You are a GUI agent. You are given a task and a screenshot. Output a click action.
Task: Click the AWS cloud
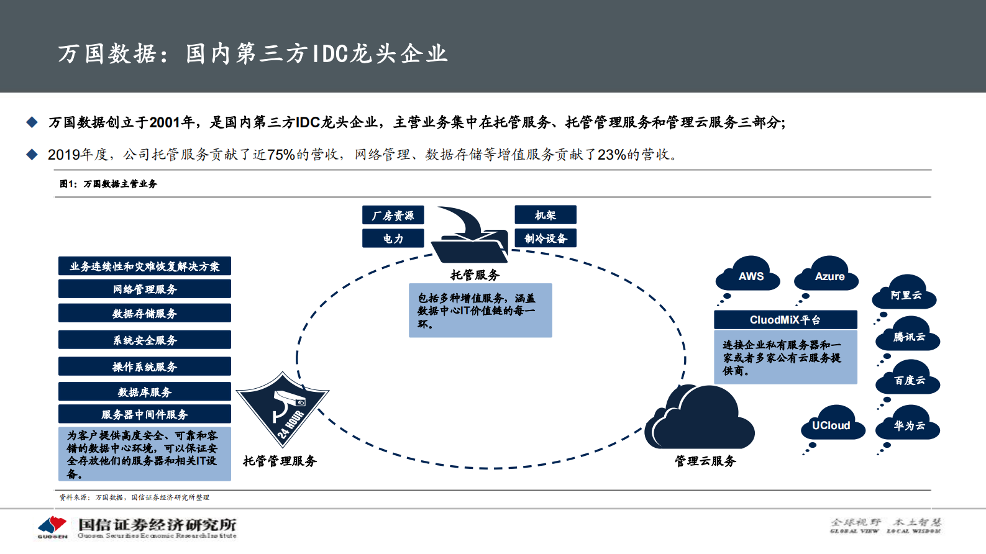pos(750,276)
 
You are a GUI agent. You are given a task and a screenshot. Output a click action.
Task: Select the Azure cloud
pos(828,276)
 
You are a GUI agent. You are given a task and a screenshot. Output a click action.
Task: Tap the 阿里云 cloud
pos(905,294)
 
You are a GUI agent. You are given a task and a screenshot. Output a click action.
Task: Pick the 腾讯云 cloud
pos(908,336)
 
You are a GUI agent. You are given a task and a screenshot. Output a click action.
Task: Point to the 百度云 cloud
pos(908,379)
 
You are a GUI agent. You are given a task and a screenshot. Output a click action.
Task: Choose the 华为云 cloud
pos(908,425)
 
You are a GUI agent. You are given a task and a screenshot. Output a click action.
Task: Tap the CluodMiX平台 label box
pos(785,320)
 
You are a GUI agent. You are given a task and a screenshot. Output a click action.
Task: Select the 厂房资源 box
pos(393,215)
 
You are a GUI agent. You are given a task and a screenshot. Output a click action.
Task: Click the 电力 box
pos(393,238)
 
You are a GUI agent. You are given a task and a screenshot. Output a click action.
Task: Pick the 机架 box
pos(545,215)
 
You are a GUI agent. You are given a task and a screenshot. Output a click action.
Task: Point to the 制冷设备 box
pos(545,238)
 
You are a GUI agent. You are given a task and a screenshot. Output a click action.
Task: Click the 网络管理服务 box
pos(145,289)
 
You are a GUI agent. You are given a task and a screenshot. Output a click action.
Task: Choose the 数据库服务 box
pos(145,392)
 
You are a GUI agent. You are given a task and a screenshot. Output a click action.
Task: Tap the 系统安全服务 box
pos(145,340)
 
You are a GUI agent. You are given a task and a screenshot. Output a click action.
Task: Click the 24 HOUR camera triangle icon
pos(283,407)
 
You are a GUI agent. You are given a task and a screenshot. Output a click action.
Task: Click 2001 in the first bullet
pos(164,122)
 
